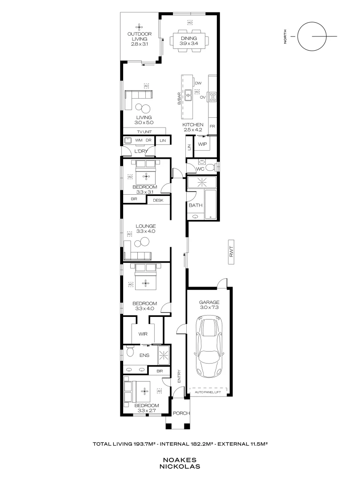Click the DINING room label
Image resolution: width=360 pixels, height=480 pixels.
(188, 38)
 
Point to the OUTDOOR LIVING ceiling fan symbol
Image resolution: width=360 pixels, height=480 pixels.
(140, 26)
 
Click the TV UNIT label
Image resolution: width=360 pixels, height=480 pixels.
(144, 132)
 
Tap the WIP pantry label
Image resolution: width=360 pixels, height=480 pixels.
(203, 144)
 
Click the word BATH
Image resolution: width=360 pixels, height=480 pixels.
(195, 206)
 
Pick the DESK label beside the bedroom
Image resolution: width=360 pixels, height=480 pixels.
(158, 200)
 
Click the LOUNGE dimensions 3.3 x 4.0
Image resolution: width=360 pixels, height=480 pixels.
(145, 231)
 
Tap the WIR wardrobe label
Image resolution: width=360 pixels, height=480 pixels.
(143, 333)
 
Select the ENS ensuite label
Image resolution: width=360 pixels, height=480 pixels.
(144, 355)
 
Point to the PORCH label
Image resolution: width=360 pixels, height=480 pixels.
(181, 413)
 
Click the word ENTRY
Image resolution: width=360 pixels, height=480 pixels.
(180, 376)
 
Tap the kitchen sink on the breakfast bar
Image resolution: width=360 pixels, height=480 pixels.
(188, 93)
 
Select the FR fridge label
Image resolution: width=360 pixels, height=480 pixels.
(212, 127)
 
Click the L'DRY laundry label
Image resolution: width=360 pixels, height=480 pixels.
(140, 151)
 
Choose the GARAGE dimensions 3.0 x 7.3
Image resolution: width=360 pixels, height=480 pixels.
(209, 307)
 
